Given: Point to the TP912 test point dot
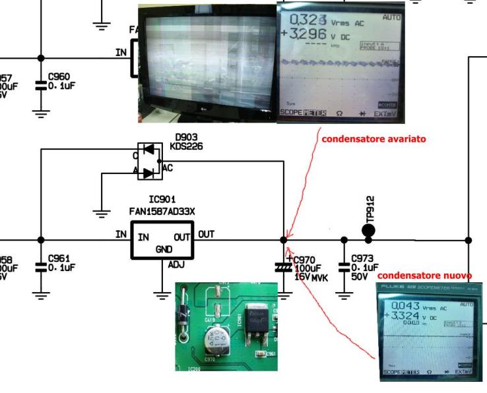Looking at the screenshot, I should point(368,230).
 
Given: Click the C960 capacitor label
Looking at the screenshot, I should point(61,76).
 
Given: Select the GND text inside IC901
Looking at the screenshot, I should point(162,250).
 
